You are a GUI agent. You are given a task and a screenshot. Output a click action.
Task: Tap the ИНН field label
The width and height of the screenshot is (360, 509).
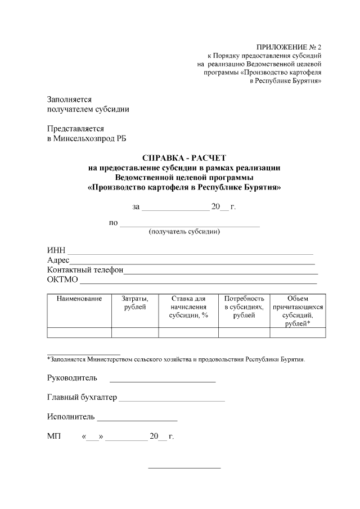[x=56, y=250]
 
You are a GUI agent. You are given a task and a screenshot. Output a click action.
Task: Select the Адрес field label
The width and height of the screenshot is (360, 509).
[x=58, y=260]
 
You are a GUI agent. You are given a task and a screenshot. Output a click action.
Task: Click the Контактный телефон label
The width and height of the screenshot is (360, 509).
[x=85, y=270]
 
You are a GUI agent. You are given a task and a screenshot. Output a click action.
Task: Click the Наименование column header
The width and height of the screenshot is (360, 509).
[x=79, y=299]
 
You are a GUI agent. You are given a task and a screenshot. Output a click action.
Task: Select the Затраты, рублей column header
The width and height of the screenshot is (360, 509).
[x=135, y=303]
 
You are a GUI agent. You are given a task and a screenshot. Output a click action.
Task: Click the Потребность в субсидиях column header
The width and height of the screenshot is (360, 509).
[x=244, y=307]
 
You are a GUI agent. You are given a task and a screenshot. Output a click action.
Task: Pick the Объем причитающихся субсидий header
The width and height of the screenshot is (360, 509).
[x=298, y=311]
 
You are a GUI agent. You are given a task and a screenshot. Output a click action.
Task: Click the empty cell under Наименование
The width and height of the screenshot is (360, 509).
[x=79, y=332]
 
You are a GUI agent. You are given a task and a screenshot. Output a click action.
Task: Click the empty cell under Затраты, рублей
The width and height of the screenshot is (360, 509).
[x=135, y=332]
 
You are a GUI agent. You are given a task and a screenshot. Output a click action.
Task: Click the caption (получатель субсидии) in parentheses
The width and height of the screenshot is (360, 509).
[x=184, y=232]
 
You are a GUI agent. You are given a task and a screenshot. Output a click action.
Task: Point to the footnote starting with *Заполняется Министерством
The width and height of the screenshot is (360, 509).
[x=176, y=358]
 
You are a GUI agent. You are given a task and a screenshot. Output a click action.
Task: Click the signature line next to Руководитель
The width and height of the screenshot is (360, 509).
[x=162, y=381]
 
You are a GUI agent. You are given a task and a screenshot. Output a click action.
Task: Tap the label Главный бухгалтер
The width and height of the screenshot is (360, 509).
[x=82, y=398]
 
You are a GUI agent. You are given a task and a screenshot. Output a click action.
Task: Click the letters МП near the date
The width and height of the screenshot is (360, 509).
[x=55, y=436]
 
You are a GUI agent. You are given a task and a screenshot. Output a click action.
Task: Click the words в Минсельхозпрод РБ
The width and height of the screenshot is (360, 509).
[x=87, y=138]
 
